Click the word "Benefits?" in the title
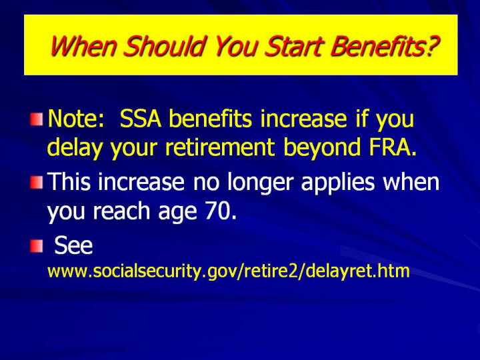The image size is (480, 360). tap(385, 46)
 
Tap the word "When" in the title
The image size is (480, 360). tap(83, 46)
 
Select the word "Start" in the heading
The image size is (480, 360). tap(294, 46)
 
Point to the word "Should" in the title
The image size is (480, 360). tap(164, 46)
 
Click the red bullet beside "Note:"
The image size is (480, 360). tap(37, 119)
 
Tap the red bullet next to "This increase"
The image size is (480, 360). tap(37, 183)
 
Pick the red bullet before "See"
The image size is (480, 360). tap(37, 246)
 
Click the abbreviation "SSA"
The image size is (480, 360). tap(141, 119)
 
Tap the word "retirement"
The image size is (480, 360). tap(219, 147)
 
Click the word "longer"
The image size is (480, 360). tap(261, 183)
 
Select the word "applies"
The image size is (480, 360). tap(338, 183)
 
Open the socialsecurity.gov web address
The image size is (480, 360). tap(229, 271)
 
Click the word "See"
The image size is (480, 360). tap(73, 245)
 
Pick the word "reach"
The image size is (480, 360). tap(121, 211)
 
